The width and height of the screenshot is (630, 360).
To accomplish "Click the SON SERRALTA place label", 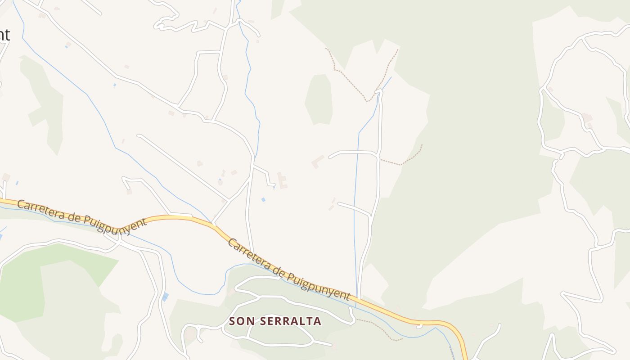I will (275, 321).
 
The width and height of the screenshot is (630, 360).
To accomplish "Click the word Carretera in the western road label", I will (40, 210).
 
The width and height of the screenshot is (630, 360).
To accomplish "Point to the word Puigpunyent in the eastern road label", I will (319, 284).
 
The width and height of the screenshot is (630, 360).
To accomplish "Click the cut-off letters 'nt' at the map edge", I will (4, 35).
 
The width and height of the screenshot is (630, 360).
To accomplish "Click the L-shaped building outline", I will (318, 161).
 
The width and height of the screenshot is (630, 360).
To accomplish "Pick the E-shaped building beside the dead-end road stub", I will (282, 180).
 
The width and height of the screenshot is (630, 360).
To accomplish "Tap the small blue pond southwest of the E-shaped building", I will (263, 200).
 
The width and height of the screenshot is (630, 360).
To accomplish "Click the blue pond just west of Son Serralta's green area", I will (165, 297).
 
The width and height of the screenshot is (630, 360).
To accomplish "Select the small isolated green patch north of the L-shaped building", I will (319, 99).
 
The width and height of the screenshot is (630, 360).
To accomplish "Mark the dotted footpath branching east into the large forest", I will (405, 160).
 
